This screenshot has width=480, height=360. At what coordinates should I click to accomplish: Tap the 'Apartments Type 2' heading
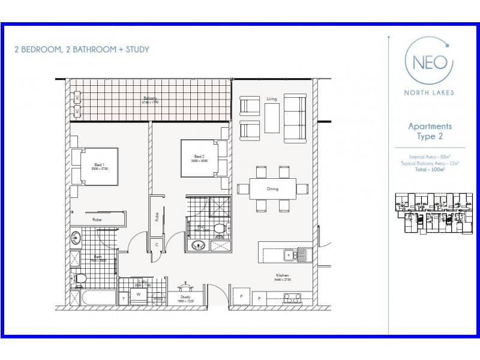point(430,131)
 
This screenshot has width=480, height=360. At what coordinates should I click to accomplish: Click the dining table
point(273,189)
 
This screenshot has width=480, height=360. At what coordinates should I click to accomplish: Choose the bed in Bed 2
point(203,158)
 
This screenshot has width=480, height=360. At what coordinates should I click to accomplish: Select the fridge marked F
point(241,298)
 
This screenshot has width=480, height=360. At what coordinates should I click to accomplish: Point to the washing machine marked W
point(139,295)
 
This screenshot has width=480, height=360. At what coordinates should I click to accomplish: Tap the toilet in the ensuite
point(219,229)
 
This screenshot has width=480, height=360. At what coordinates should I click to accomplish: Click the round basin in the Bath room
point(76,238)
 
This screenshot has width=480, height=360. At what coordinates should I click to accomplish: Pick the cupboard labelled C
point(157,245)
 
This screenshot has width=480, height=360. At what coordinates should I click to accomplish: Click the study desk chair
point(185,289)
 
